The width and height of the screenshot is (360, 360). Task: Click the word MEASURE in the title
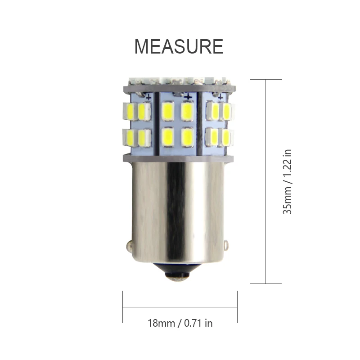click(179, 46)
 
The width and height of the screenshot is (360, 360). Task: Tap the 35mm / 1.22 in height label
click(288, 181)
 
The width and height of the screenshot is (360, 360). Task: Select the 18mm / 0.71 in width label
click(180, 323)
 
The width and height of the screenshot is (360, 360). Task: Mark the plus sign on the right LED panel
click(220, 96)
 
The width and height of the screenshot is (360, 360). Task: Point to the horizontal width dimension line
click(180, 307)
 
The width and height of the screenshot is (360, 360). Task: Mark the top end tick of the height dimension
click(266, 80)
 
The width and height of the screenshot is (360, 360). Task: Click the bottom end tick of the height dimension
click(266, 283)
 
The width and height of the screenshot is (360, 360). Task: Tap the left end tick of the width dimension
click(123, 307)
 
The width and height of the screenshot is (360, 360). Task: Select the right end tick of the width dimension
click(237, 307)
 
